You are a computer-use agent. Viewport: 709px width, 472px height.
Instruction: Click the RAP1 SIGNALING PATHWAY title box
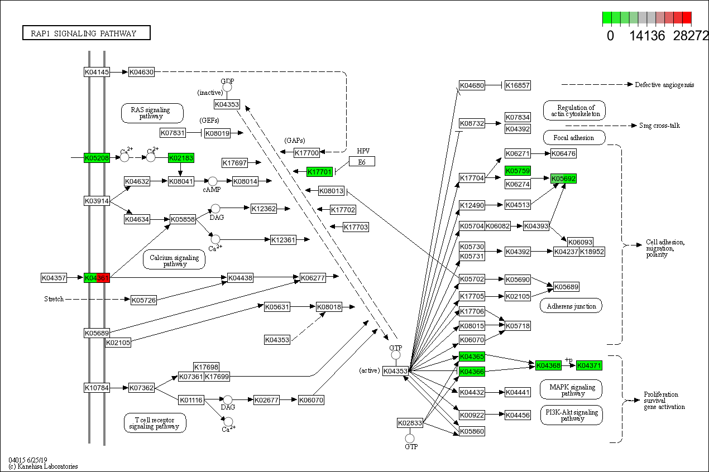point(87,33)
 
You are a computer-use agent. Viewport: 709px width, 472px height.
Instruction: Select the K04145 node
point(97,72)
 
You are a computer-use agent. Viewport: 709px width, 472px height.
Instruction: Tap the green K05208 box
point(97,158)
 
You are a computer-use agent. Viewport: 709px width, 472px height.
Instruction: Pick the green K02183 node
point(181,158)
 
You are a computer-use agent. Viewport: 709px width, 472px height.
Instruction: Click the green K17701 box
point(319,171)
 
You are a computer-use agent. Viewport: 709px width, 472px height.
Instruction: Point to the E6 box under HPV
point(362,161)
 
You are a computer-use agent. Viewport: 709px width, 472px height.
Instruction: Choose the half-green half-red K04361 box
point(97,277)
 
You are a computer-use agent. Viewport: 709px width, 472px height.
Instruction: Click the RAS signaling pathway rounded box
point(152,113)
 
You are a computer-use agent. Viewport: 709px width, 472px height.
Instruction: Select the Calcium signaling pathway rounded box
point(175,260)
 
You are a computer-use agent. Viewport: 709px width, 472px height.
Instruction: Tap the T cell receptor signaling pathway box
point(155,423)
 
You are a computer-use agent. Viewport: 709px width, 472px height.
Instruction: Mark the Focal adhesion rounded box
point(573,137)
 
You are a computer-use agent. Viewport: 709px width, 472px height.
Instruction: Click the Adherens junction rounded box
point(571,306)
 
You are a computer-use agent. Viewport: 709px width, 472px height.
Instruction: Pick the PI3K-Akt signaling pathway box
point(572,415)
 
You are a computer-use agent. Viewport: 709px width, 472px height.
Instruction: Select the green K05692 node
point(563,179)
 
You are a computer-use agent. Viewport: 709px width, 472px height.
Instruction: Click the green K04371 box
point(590,365)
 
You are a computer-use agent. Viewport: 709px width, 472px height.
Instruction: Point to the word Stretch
point(54,299)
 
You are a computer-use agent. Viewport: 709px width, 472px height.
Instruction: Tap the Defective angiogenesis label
point(664,85)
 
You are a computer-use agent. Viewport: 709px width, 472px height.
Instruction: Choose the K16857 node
point(518,85)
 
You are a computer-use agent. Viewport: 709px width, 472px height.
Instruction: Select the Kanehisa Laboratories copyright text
point(43,466)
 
